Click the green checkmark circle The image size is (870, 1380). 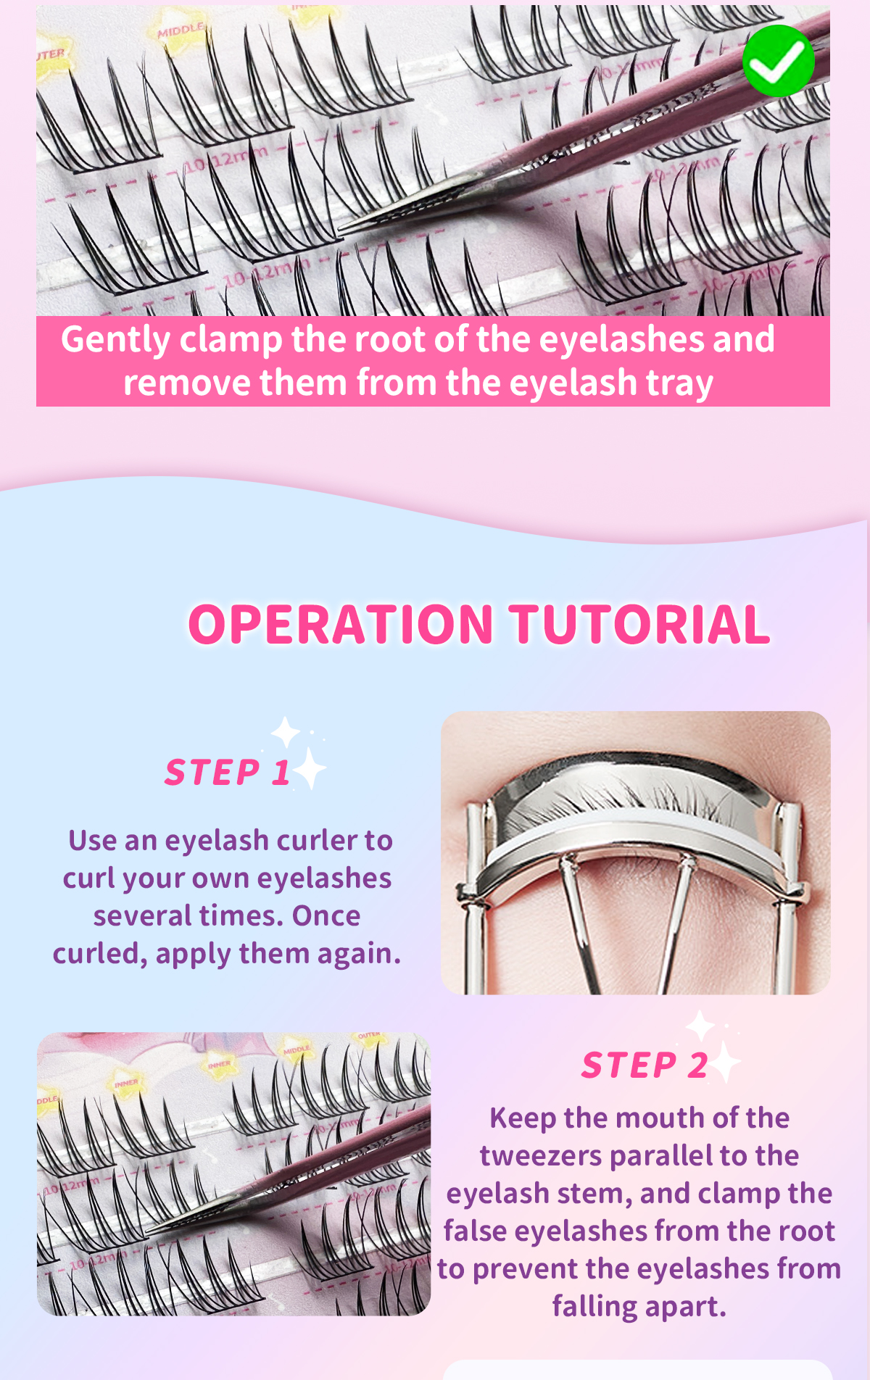click(x=778, y=61)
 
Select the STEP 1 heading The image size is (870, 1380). click(x=227, y=772)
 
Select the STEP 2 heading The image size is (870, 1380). click(x=644, y=1065)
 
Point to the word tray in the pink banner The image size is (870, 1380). click(x=679, y=383)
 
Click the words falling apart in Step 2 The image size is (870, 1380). click(x=639, y=1306)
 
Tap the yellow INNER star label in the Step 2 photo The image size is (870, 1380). click(x=220, y=1065)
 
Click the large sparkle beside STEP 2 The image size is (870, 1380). click(x=725, y=1063)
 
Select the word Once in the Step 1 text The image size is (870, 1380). click(x=326, y=916)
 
